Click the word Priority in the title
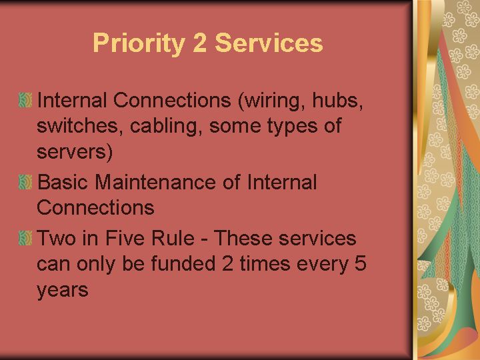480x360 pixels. pos(139,44)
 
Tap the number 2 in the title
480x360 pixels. pos(200,42)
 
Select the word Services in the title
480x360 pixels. pos(269,43)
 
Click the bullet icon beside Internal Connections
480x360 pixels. pos(25,100)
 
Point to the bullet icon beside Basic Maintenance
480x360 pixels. pos(25,182)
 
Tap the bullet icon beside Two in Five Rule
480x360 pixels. pos(25,238)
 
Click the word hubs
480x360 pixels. pos(337,100)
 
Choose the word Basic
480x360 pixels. pos(63,182)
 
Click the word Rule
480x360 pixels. pos(173,238)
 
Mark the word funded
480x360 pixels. pos(183,263)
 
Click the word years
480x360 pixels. pos(63,291)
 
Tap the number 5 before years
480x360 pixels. pos(360,263)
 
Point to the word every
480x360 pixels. pos(323,265)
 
